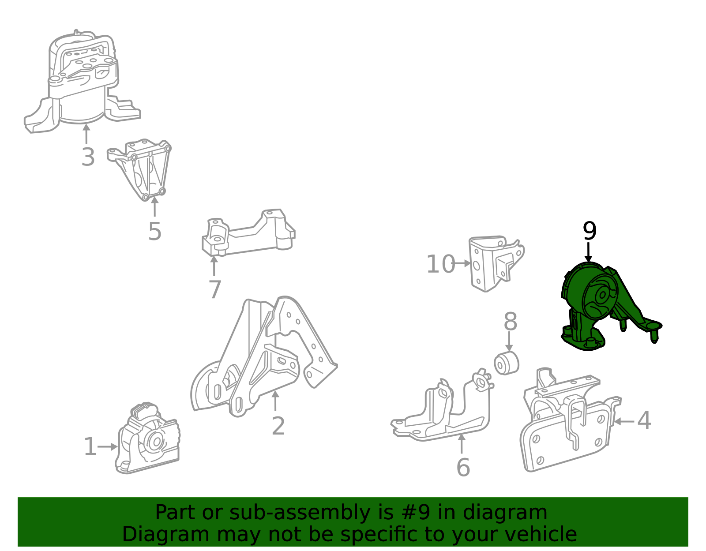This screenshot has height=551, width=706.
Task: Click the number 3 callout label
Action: [x=88, y=157]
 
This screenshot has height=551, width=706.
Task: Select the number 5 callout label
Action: [x=154, y=232]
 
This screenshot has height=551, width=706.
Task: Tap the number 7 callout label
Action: [x=215, y=289]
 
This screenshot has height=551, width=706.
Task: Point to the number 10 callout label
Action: [x=440, y=264]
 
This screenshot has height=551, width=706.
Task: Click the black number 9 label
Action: [x=590, y=231]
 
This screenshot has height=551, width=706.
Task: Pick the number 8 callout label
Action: [x=510, y=322]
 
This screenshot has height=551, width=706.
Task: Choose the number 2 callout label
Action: [x=278, y=426]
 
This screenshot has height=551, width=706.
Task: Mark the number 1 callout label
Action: [x=90, y=447]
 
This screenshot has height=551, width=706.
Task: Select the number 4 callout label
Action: [x=644, y=420]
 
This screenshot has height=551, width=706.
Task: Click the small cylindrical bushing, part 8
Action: [x=506, y=363]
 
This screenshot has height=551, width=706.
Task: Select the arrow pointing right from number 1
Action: [x=108, y=447]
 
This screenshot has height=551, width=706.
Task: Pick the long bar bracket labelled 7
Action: [x=248, y=232]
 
